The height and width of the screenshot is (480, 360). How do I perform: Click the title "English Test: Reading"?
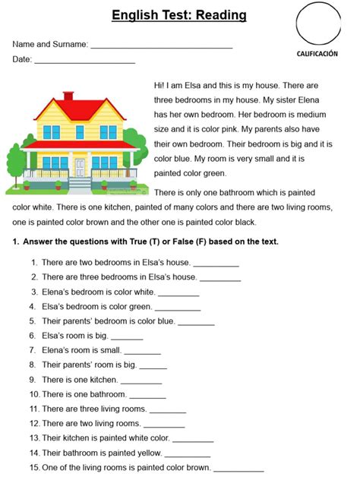pos(178,15)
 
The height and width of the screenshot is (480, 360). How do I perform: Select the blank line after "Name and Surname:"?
pos(161,47)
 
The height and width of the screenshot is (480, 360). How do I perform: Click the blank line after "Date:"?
pos(85,62)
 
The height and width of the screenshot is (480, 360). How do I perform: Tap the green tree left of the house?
pos(16,159)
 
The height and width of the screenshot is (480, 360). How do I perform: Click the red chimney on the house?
pos(68,96)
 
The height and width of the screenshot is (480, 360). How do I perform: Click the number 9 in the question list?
pos(33,380)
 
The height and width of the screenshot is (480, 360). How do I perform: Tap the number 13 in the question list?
pos(34,439)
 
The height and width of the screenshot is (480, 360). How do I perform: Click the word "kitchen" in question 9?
pos(102,380)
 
